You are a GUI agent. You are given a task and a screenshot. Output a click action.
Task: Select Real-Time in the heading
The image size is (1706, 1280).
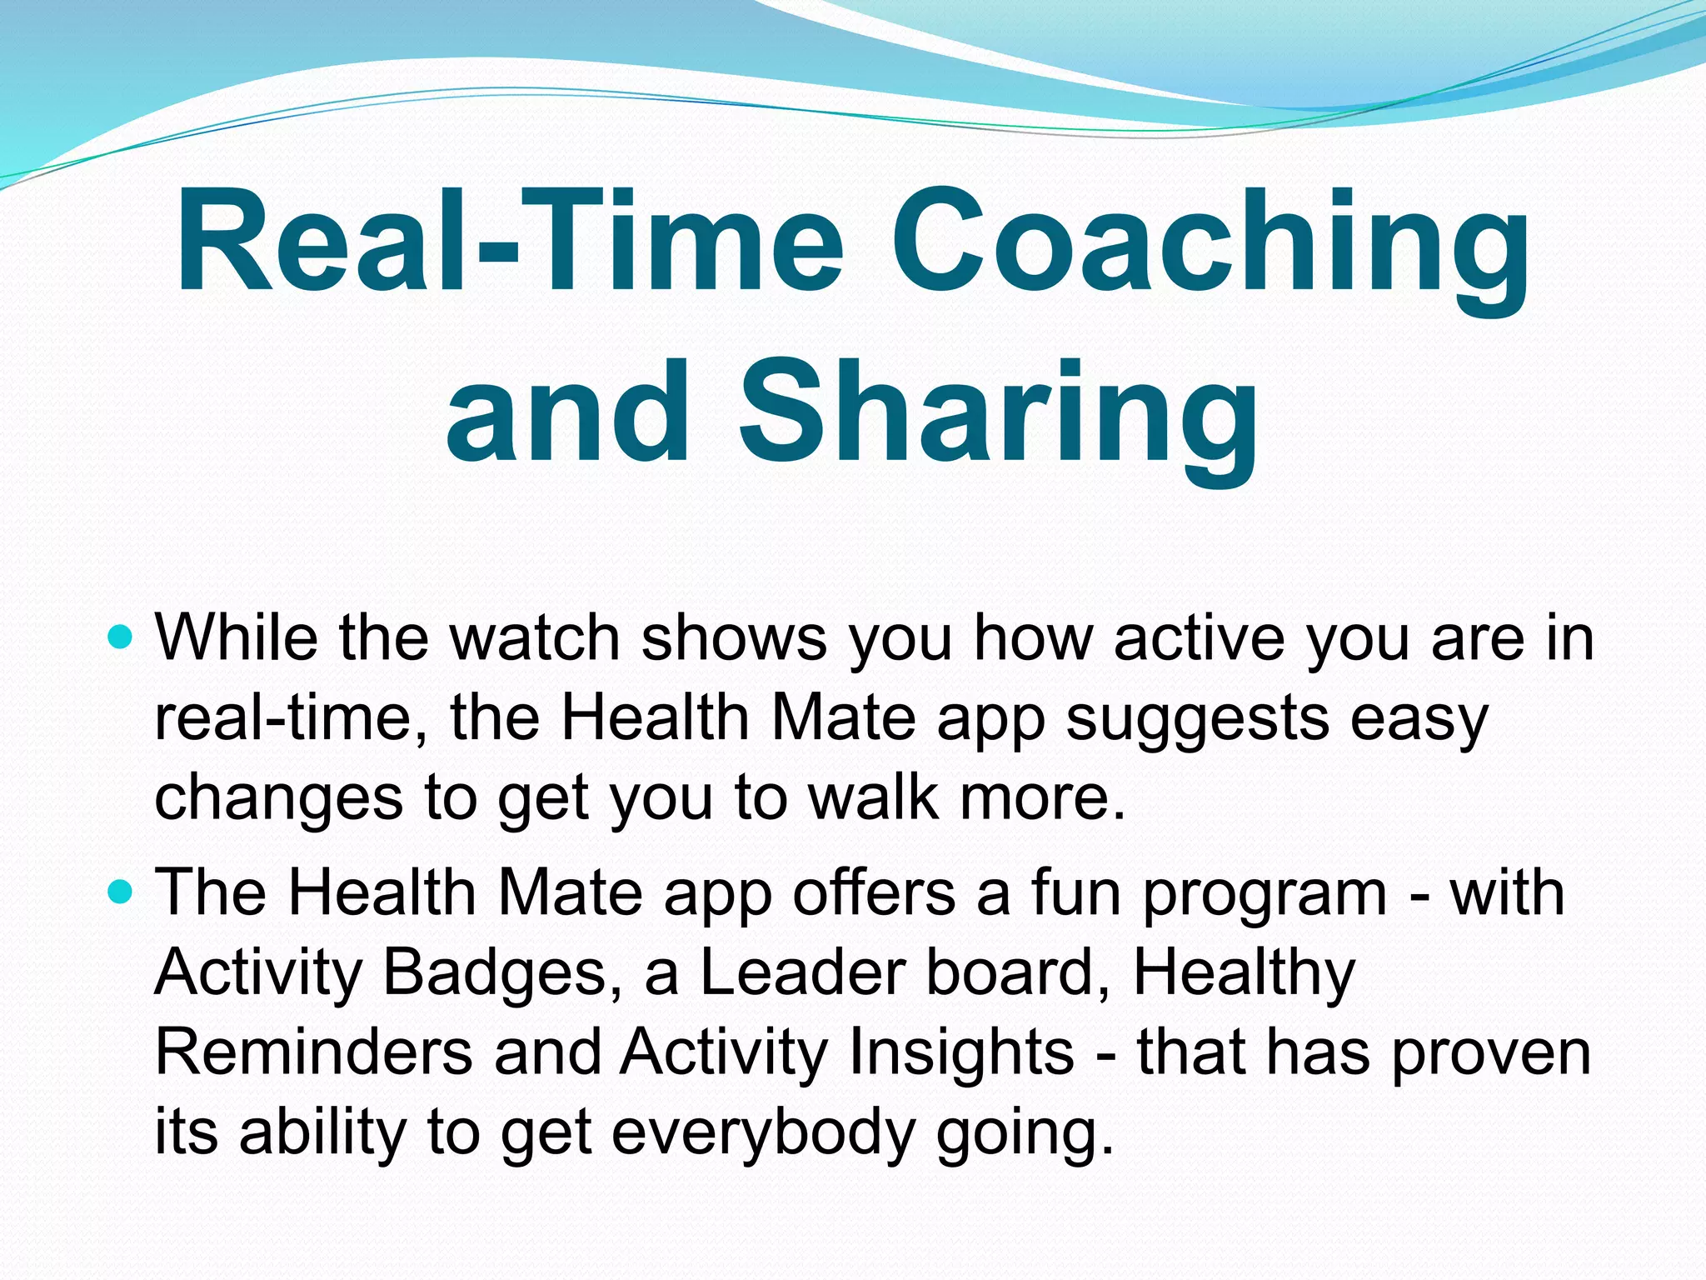(x=508, y=242)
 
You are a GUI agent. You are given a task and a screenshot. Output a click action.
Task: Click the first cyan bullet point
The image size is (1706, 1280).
(x=121, y=639)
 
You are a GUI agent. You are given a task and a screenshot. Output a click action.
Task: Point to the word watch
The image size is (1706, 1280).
(x=534, y=638)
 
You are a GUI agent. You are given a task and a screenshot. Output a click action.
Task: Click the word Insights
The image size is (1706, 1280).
(x=961, y=1052)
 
